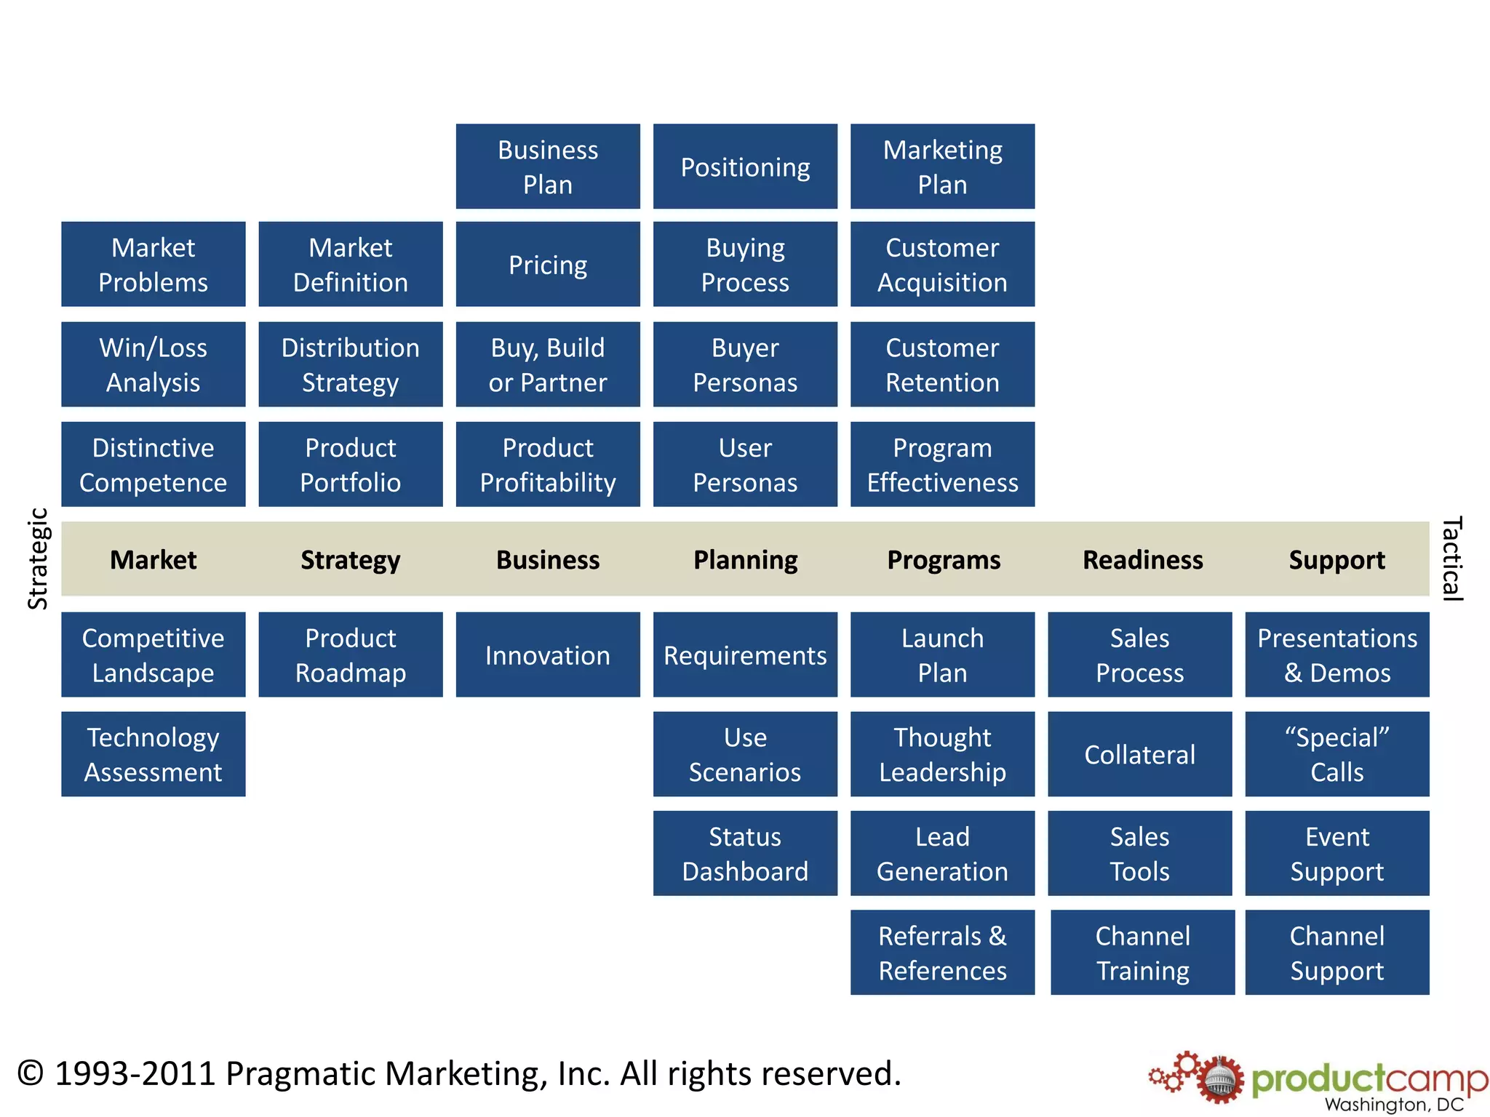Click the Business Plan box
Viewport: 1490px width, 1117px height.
548,167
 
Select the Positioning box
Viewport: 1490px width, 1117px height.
745,167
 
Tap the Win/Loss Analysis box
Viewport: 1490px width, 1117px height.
153,364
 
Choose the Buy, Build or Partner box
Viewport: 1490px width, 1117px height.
548,364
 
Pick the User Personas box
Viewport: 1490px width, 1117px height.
745,464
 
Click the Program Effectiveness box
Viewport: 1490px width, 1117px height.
942,464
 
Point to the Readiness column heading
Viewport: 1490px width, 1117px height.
1142,559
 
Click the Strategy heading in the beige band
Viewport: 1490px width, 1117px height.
350,559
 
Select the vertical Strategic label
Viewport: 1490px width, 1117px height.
38,558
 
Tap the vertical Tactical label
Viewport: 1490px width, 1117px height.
1451,558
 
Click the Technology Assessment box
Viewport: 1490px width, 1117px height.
153,754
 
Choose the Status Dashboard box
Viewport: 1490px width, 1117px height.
745,853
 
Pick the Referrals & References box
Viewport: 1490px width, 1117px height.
942,953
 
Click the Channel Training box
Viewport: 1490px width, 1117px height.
1142,953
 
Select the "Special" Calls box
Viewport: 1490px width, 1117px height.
1336,754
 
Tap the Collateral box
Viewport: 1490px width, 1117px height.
1139,754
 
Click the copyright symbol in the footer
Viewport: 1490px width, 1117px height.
31,1073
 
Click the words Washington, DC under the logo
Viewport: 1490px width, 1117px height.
1393,1105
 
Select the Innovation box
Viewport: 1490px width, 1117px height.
548,654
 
